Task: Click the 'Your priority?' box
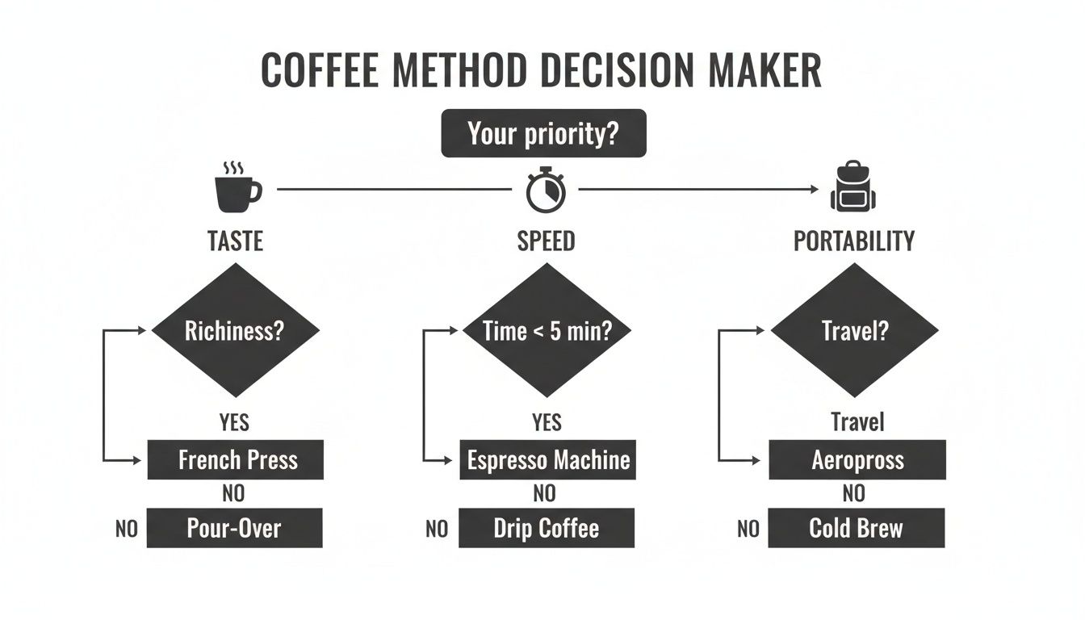[x=543, y=133]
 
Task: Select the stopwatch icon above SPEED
[x=546, y=190]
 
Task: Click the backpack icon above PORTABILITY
[x=853, y=188]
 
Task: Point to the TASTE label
[x=236, y=241]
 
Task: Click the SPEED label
[x=547, y=241]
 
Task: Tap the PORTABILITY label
[x=854, y=241]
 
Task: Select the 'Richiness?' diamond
[x=235, y=331]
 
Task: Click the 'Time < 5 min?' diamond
[x=547, y=331]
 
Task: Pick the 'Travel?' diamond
[x=854, y=331]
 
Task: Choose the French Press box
[x=236, y=460]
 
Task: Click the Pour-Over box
[x=235, y=528]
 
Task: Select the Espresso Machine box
[x=547, y=460]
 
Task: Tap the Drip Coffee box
[x=547, y=528]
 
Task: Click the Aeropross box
[x=857, y=460]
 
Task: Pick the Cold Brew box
[x=856, y=528]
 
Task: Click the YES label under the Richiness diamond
[x=234, y=422]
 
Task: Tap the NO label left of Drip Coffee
[x=436, y=530]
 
